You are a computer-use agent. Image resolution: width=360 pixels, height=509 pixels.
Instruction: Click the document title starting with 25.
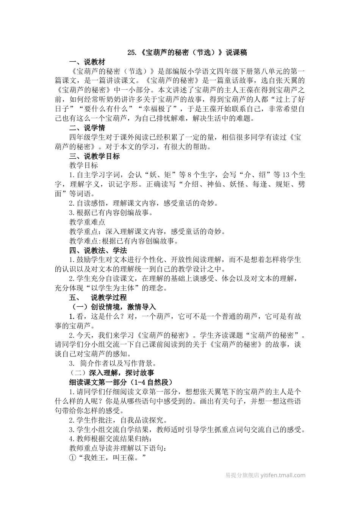point(187,53)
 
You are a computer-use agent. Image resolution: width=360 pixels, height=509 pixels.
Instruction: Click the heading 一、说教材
point(87,62)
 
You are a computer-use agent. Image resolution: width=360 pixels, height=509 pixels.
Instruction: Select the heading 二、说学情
point(87,128)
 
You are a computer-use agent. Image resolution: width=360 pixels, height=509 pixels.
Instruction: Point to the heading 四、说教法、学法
point(98,250)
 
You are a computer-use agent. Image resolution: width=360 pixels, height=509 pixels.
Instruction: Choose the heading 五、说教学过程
point(98,298)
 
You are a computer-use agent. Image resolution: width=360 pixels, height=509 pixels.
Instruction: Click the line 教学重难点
point(87,222)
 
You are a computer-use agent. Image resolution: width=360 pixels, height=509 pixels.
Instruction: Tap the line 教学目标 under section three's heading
point(83,166)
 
